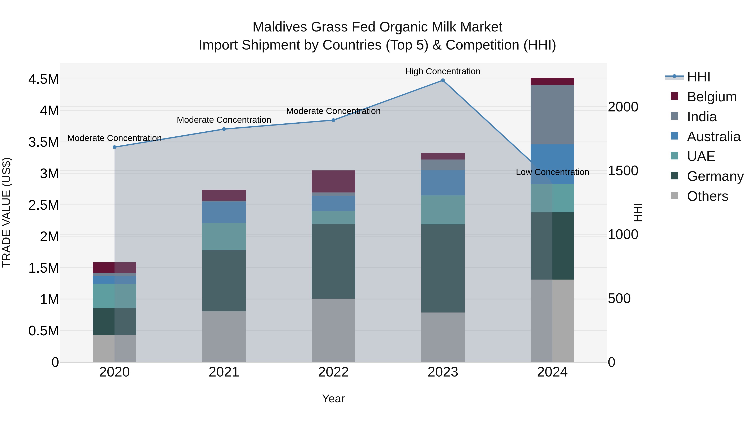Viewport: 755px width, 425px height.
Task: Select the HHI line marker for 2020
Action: point(115,147)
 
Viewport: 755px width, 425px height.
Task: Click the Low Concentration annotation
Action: point(552,172)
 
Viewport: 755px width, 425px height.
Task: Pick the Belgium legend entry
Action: point(711,97)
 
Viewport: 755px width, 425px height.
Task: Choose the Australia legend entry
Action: point(713,137)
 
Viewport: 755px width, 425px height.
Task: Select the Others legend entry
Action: point(707,196)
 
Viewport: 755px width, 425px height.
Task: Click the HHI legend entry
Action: point(698,77)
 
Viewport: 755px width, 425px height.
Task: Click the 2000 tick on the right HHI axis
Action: point(623,107)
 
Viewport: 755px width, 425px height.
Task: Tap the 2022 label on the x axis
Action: point(333,372)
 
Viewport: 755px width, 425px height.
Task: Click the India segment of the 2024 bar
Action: point(552,114)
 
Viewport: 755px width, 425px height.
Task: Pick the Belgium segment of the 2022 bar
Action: point(333,181)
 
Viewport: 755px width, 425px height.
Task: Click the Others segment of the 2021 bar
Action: point(224,336)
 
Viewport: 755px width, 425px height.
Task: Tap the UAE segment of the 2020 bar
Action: point(115,296)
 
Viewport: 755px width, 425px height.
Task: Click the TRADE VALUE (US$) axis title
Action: point(7,212)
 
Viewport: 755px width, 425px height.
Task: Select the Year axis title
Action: point(333,399)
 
